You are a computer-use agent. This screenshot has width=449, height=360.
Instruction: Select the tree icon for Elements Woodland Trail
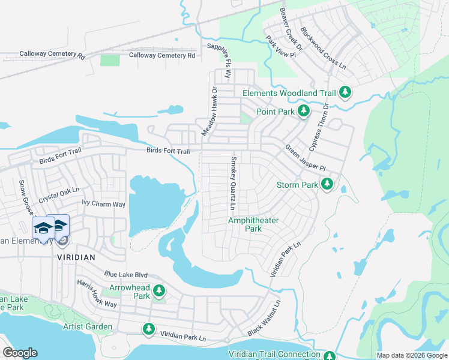click(x=345, y=92)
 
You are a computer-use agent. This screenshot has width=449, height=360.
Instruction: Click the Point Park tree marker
click(x=304, y=111)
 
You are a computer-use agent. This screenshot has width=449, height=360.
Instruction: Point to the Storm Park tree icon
click(x=327, y=184)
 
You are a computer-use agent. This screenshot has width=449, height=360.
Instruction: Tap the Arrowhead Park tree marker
click(x=158, y=292)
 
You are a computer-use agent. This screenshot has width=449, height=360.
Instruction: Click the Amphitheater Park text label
click(x=253, y=224)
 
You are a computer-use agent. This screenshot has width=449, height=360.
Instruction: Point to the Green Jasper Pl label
click(x=304, y=157)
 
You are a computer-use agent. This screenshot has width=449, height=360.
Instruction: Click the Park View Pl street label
click(x=281, y=47)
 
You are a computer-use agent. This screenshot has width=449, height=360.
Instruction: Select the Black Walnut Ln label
click(x=265, y=319)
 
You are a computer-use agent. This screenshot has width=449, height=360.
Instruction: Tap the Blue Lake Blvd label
click(x=125, y=274)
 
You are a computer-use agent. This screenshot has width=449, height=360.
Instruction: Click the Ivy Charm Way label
click(x=103, y=204)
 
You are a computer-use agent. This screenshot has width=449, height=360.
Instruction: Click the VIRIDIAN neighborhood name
click(x=76, y=256)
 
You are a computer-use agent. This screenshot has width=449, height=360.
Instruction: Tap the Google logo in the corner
click(x=20, y=353)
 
